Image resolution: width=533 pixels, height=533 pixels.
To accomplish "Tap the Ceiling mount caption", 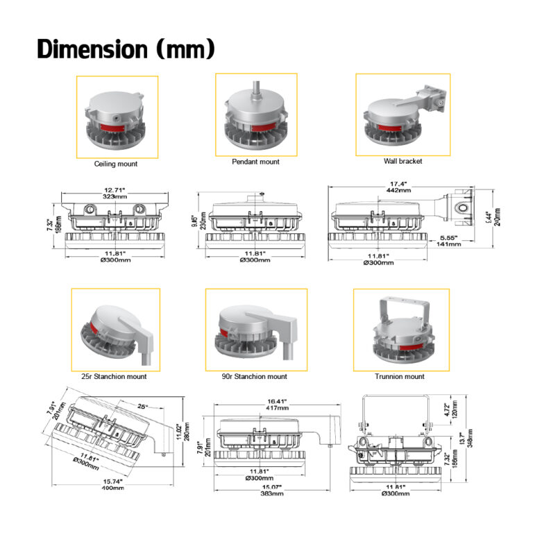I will [116, 164].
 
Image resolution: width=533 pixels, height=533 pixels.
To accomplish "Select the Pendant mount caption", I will [255, 162].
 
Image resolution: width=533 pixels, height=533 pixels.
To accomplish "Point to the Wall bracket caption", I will [403, 161].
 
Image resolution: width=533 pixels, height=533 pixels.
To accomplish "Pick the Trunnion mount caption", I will [400, 377].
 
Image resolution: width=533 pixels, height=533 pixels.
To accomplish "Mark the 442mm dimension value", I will [398, 192].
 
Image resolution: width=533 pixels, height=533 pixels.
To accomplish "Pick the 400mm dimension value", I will [112, 489].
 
